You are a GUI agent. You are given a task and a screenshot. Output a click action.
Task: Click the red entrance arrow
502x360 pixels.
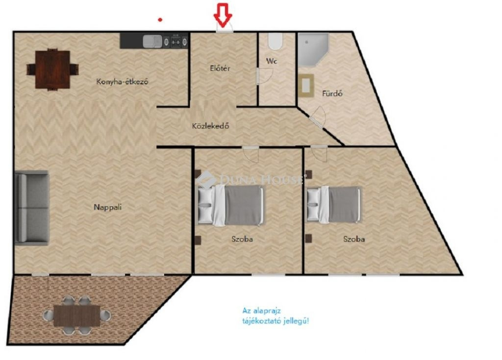[x=223, y=15]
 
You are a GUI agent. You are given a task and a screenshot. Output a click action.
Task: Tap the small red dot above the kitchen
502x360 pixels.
[x=160, y=20]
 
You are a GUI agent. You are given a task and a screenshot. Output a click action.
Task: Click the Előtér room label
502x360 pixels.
[x=220, y=68]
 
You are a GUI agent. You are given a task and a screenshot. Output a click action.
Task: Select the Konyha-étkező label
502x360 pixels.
[x=122, y=82]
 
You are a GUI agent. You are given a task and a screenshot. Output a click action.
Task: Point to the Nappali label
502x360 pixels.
[x=107, y=207]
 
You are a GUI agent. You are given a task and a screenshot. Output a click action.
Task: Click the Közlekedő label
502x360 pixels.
[x=210, y=126]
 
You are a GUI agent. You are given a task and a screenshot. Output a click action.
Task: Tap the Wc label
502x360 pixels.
[x=272, y=61]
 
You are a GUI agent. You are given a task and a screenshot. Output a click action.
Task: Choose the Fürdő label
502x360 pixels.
[x=332, y=94]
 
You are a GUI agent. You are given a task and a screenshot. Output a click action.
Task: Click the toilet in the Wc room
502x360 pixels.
[x=275, y=41]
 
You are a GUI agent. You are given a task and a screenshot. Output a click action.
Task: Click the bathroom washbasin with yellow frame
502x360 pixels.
[x=306, y=85]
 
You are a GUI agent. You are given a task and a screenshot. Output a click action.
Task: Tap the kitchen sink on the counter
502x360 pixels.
[x=152, y=41]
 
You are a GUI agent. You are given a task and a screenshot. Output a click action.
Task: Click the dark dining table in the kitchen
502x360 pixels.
[x=52, y=70]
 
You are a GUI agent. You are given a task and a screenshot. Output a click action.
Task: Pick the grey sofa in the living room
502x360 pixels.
[x=32, y=208]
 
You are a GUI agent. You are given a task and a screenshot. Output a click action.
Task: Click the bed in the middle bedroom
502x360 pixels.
[x=230, y=205]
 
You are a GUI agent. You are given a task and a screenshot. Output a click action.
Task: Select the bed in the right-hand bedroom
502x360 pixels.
[x=334, y=204]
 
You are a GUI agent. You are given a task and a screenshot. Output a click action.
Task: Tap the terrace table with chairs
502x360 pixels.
[x=77, y=315]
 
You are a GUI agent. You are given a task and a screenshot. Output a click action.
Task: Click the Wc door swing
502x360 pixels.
[x=264, y=76]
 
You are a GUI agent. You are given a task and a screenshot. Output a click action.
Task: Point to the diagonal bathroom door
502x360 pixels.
[x=317, y=117]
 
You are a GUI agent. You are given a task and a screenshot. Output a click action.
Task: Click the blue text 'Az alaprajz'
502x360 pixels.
[x=261, y=311]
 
